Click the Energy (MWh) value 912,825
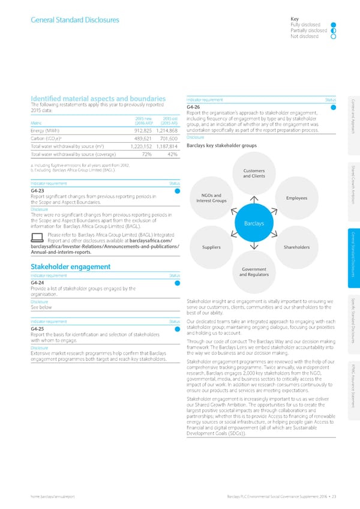147,131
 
